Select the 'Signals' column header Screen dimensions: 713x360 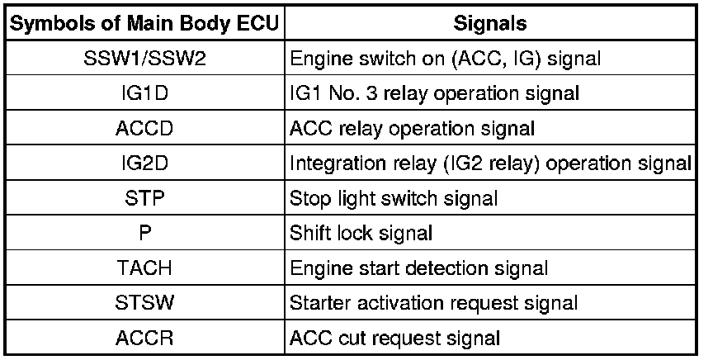click(x=490, y=24)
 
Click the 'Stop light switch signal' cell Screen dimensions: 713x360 click(x=394, y=198)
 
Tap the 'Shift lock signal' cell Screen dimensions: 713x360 click(x=361, y=233)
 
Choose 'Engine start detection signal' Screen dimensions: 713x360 click(x=418, y=268)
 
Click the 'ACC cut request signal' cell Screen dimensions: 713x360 click(x=394, y=338)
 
